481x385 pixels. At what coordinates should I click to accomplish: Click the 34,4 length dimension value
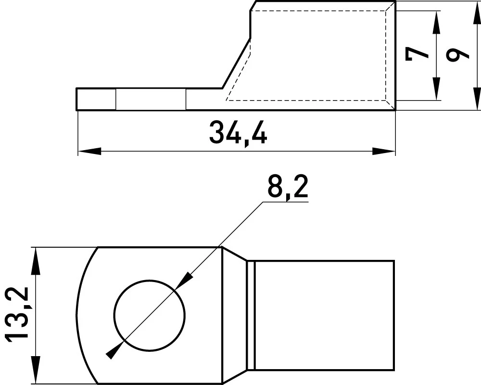click(238, 133)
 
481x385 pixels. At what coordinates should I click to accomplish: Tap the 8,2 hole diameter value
click(288, 188)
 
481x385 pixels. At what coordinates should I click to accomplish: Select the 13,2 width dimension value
click(17, 314)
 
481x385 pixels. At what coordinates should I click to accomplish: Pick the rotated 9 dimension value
click(457, 55)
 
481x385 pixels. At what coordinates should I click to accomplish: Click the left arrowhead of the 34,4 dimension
click(89, 151)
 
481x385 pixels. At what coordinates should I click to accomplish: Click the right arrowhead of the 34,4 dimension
click(384, 151)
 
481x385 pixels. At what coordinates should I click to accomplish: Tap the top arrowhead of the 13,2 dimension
click(36, 260)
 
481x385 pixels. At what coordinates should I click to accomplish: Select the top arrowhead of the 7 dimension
click(436, 22)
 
